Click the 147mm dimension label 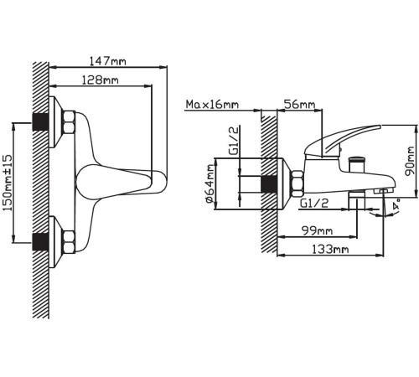pos(107,61)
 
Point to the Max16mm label pos(212,105)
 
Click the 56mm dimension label pos(299,105)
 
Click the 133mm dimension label pos(330,250)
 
